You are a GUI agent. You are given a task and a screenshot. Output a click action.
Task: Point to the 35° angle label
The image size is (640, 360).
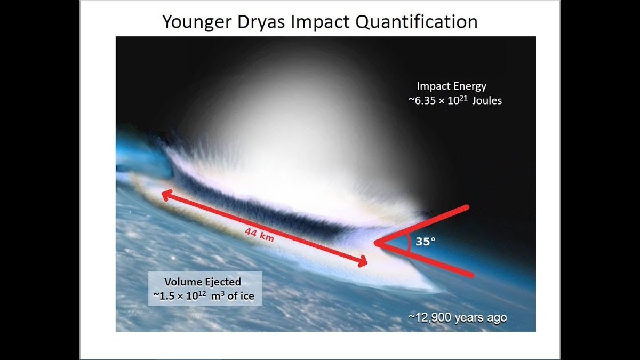pos(426,241)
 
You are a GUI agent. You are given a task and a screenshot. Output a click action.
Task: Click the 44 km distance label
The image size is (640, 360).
pos(260,235)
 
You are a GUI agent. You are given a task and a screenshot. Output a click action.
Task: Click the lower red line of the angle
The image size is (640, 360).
pos(427,260)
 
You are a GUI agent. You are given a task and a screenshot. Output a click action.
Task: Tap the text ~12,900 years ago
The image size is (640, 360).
pos(458,318)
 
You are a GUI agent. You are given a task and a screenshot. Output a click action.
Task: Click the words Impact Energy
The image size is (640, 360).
pos(451,86)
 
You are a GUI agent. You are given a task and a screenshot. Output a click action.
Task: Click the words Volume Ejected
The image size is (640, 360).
pos(203,282)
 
